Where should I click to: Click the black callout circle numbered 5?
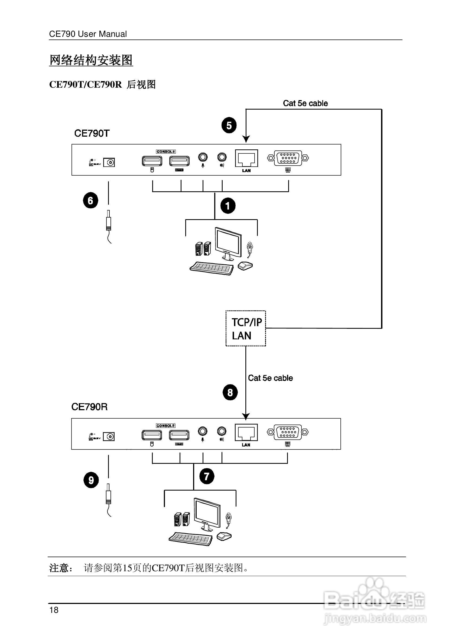[229, 125]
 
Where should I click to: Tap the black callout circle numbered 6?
[90, 200]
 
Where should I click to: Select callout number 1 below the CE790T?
[228, 206]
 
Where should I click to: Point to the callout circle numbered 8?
[230, 392]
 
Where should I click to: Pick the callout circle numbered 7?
[207, 476]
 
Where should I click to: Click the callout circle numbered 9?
[91, 480]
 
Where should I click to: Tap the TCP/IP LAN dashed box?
[246, 328]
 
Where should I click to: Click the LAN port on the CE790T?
[246, 159]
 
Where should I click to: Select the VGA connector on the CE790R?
[288, 432]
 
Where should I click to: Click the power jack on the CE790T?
[109, 162]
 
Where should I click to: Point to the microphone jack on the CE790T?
[203, 157]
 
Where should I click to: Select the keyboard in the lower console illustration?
[191, 538]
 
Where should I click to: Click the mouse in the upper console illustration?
[245, 266]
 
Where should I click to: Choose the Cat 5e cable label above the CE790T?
[305, 103]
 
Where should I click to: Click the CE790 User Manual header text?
[88, 34]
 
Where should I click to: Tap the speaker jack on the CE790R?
[222, 431]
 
